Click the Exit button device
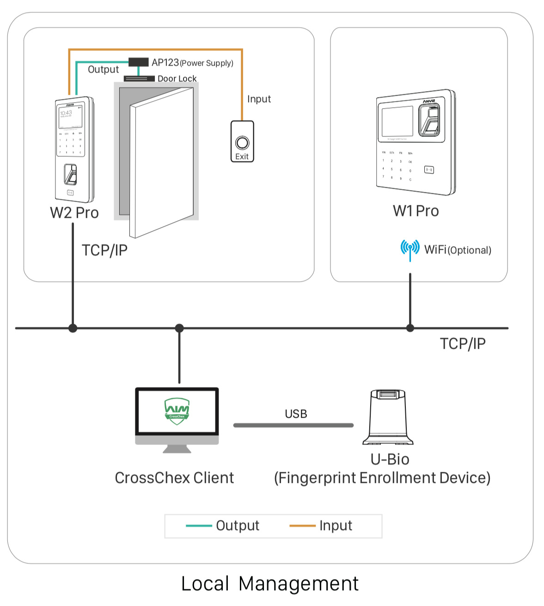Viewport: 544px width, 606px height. (242, 142)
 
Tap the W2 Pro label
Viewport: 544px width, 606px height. (74, 213)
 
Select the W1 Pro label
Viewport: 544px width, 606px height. (416, 211)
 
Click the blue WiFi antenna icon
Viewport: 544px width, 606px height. (410, 249)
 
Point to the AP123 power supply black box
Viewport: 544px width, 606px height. (138, 62)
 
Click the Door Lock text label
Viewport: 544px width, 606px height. (177, 79)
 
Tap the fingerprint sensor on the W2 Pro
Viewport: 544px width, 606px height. (70, 175)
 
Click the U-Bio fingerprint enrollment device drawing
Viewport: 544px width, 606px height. (388, 417)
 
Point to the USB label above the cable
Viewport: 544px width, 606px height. (296, 414)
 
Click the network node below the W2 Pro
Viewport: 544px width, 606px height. (73, 328)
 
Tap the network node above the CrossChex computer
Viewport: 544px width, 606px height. (179, 328)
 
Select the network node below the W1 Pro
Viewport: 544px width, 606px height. (410, 328)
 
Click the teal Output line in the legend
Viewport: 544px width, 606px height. (199, 526)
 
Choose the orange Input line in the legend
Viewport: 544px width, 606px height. (302, 526)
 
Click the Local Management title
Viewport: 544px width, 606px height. (270, 584)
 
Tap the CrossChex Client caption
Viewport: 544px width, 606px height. (174, 478)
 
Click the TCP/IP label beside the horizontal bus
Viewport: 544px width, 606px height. (463, 344)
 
